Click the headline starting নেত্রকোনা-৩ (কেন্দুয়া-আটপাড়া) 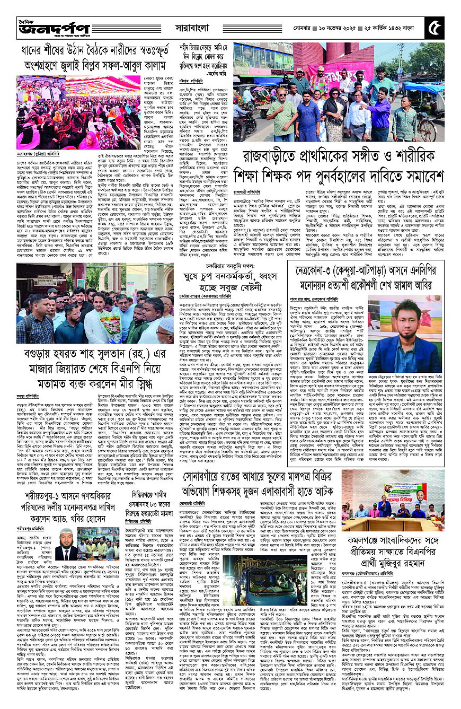click(370, 276)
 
